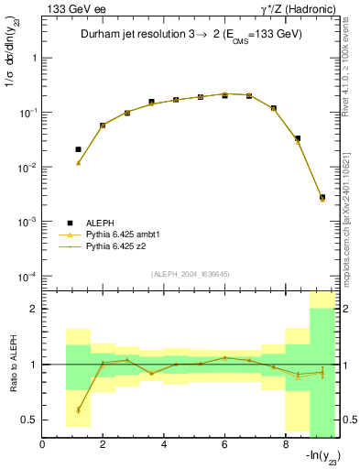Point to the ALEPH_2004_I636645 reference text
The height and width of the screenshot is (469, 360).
(x=190, y=272)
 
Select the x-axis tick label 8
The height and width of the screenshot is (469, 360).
(x=286, y=445)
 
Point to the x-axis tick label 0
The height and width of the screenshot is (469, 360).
(x=43, y=445)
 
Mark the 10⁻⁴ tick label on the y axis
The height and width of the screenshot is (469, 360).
(x=27, y=277)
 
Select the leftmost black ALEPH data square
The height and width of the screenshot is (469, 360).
(x=79, y=149)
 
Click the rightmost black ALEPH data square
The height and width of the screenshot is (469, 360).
(x=322, y=197)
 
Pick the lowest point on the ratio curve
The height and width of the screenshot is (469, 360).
(x=79, y=409)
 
